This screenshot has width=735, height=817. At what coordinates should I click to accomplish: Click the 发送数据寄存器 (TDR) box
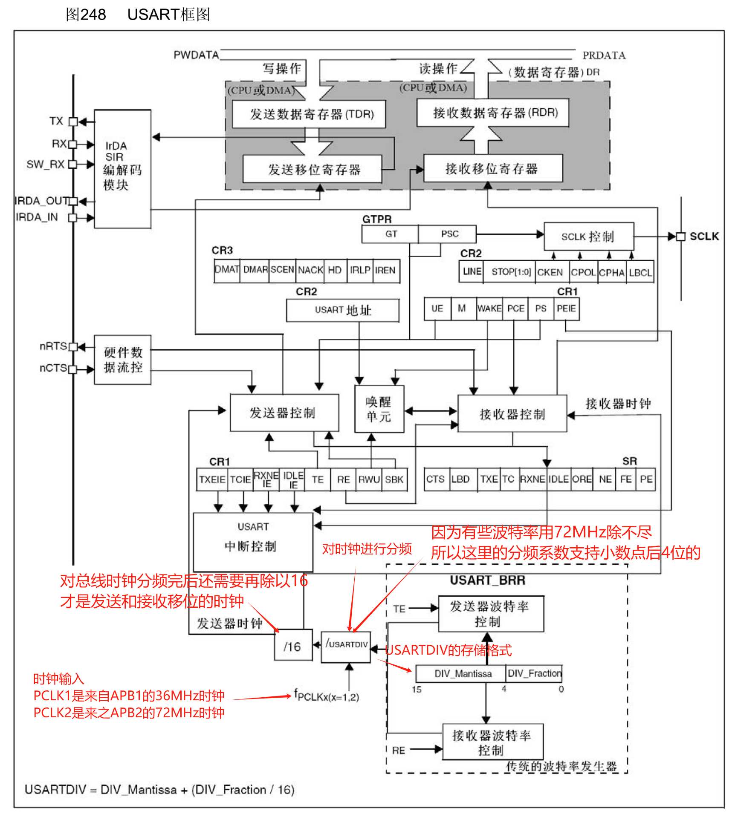click(x=309, y=114)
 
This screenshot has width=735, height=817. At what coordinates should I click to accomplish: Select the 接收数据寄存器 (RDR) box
click(x=492, y=113)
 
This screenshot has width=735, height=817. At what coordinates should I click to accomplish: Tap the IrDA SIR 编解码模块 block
click(x=122, y=169)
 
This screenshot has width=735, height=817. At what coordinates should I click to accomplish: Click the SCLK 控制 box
click(x=588, y=237)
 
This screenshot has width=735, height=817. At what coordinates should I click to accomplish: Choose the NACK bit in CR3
click(x=310, y=270)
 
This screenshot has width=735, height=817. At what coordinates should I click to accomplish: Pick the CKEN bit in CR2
click(x=550, y=272)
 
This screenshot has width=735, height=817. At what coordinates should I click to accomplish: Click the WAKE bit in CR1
click(x=489, y=309)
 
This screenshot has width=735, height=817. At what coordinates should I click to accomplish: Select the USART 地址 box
click(x=342, y=310)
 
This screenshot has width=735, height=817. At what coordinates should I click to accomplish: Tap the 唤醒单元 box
click(x=379, y=409)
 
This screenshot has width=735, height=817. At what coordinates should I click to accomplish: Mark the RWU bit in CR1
click(x=369, y=479)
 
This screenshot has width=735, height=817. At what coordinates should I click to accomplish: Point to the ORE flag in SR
click(x=582, y=479)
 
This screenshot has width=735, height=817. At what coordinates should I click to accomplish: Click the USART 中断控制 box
click(x=253, y=542)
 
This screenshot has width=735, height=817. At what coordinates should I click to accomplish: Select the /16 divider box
click(x=293, y=647)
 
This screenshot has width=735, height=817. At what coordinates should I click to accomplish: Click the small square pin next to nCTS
click(x=73, y=370)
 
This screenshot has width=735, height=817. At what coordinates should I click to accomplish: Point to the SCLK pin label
click(x=704, y=237)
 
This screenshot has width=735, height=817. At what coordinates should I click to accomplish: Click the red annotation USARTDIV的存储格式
click(x=448, y=650)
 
